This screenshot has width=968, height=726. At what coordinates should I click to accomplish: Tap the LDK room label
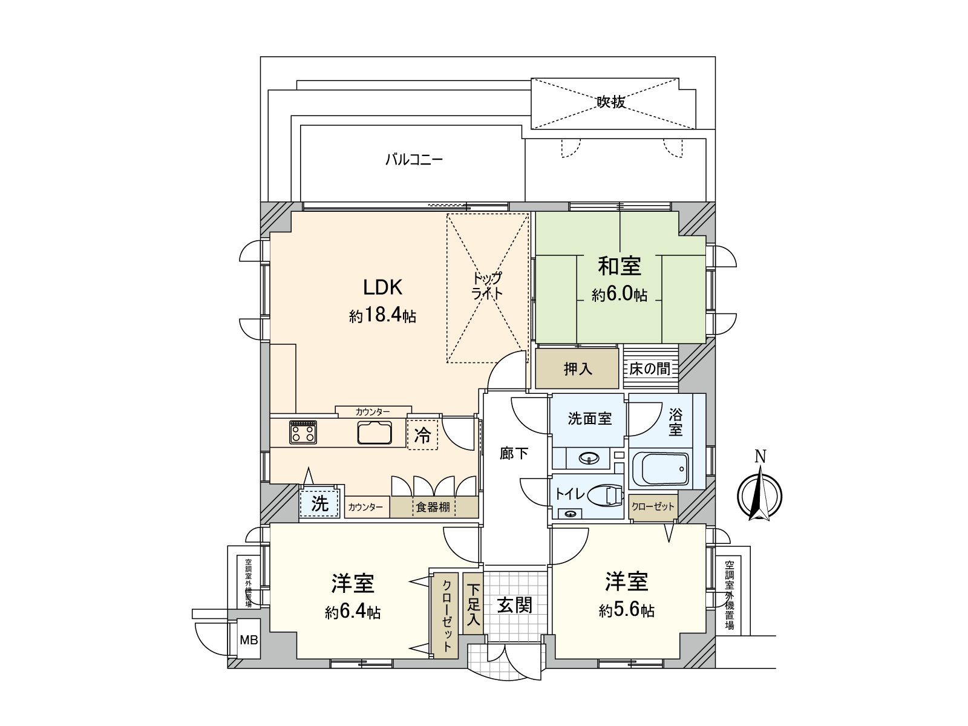pos(382,286)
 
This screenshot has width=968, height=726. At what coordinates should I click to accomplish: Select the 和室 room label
pos(620,266)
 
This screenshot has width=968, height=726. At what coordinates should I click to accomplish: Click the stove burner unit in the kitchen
pos(302,432)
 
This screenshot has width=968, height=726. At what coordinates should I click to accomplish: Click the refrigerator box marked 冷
pos(422,434)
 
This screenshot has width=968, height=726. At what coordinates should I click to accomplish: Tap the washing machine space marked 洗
pos(319,503)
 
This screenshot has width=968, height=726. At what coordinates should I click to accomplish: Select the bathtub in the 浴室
pos(660,471)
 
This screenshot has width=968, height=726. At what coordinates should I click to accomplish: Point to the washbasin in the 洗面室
pos(589,459)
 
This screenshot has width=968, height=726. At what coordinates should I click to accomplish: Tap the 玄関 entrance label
pos(514,604)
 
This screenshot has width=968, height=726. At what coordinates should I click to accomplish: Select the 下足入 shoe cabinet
pos(473,604)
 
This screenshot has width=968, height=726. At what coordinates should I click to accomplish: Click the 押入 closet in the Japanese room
pos(578,368)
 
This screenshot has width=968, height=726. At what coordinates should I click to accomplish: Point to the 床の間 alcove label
pos(650,368)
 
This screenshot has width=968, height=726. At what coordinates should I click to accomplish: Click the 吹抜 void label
pos(611,102)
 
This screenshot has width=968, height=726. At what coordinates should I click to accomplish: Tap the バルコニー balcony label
pos(414,160)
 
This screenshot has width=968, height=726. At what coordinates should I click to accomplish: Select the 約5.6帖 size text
pos(626,611)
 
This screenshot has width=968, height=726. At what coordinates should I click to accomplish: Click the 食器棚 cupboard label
pos(433,507)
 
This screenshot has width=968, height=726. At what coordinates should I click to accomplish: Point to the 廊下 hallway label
pos(514,453)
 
